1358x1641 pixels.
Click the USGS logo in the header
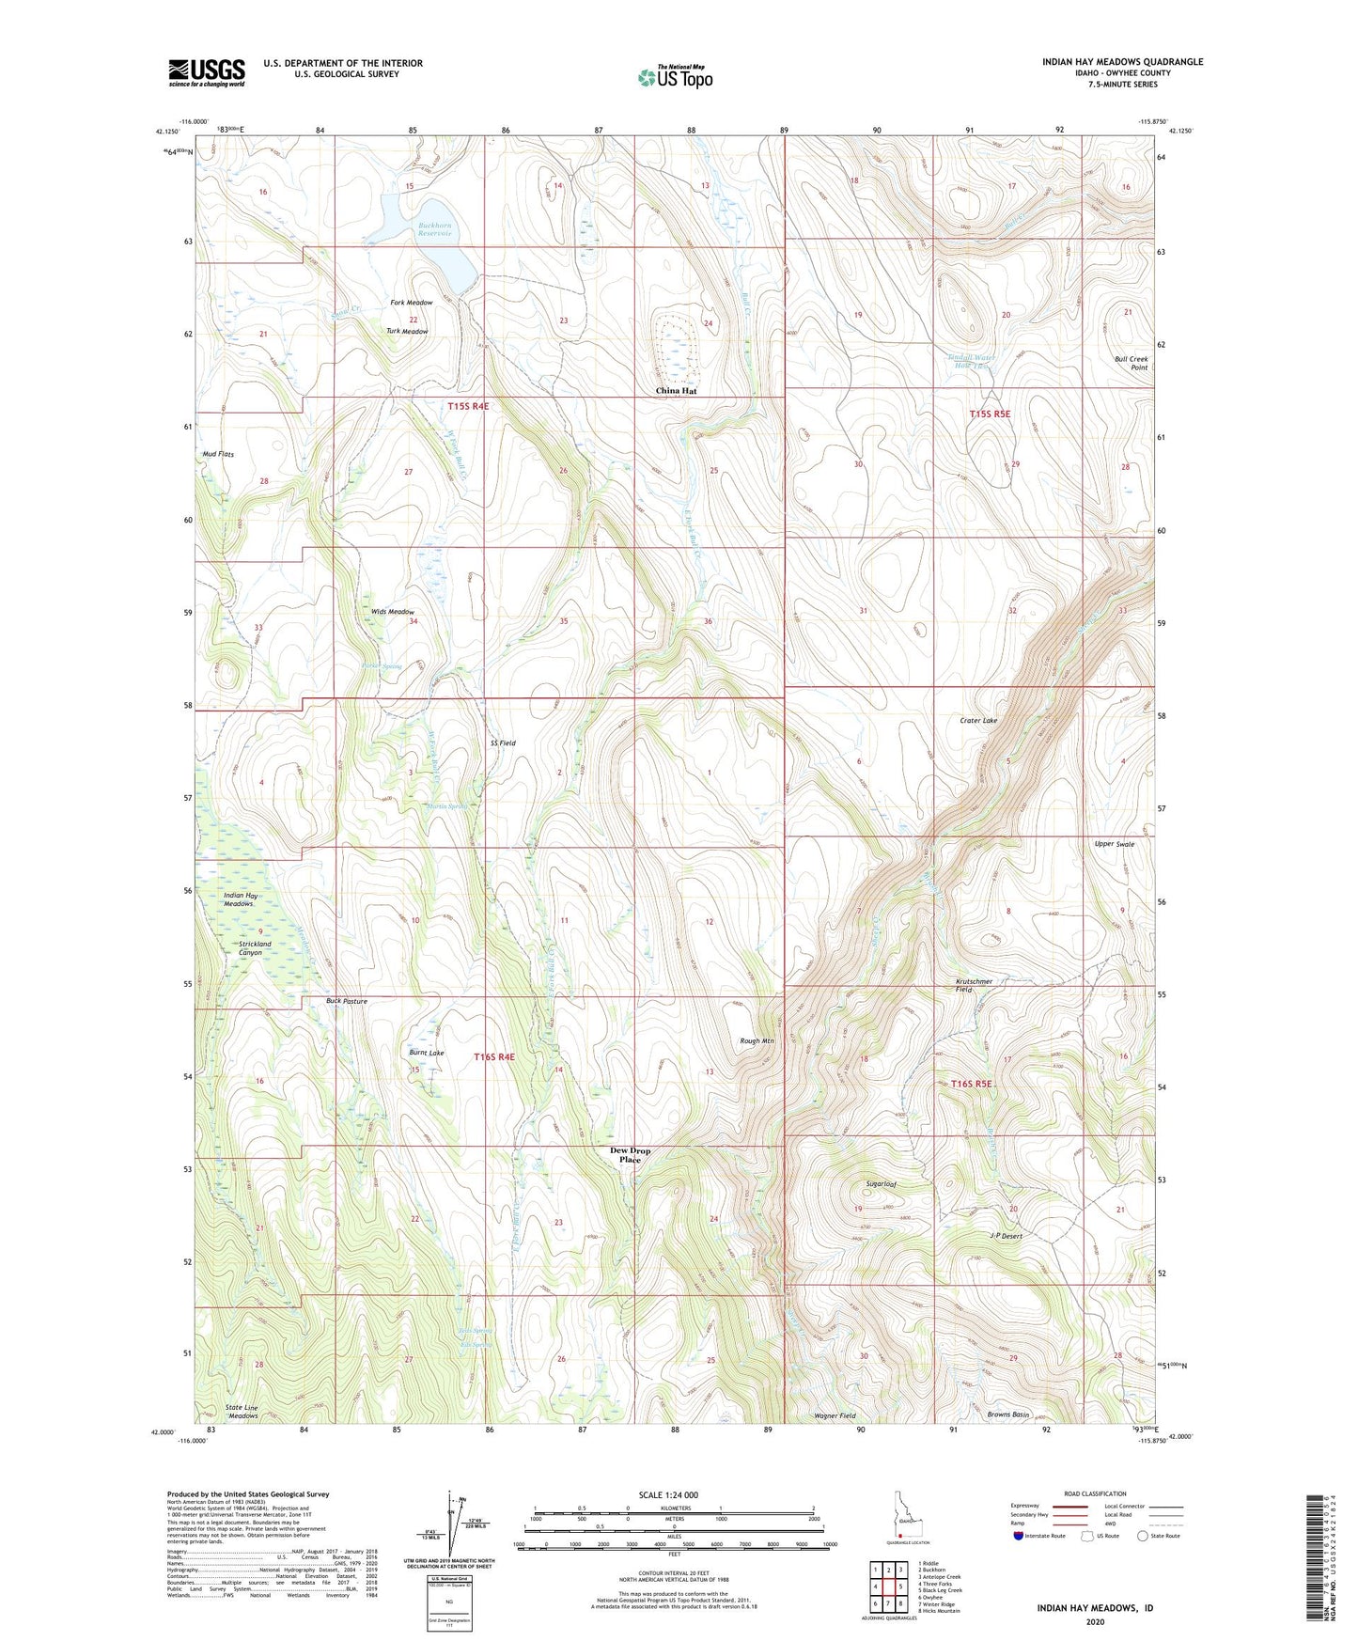[206, 72]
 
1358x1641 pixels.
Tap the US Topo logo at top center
[675, 77]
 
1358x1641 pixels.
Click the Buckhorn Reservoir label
[434, 228]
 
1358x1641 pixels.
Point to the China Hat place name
[676, 391]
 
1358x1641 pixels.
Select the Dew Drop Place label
[630, 1155]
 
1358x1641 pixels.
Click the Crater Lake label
[978, 721]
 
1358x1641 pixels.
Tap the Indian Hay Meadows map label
[241, 899]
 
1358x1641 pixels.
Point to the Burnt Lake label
[427, 1054]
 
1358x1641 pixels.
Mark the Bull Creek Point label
[1132, 363]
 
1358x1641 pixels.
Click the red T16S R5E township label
[972, 1084]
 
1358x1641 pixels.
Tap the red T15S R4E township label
[468, 406]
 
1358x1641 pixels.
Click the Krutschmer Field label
[975, 985]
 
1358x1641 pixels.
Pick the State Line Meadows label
[242, 1412]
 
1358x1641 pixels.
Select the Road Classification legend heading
[1096, 1493]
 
